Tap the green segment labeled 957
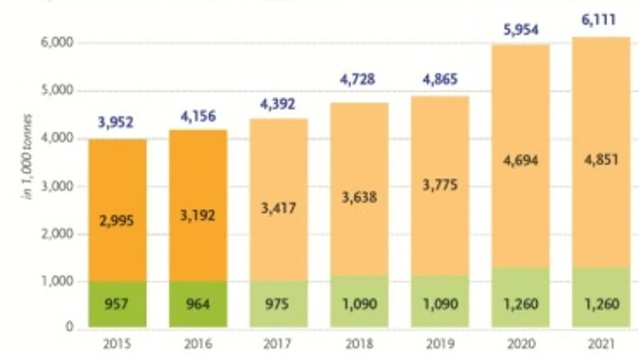tap(116, 304)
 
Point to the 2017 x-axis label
tap(278, 344)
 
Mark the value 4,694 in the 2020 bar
tap(519, 161)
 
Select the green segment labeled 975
tap(278, 304)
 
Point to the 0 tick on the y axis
tap(69, 329)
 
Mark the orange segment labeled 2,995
tap(116, 220)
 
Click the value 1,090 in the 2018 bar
tap(358, 304)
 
